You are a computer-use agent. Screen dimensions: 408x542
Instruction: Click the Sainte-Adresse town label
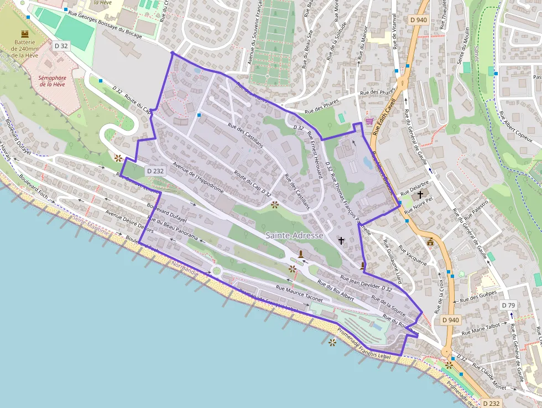click(294, 235)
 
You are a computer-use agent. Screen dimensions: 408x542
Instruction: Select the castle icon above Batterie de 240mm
click(24, 34)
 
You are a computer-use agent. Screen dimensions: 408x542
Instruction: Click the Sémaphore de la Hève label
click(53, 81)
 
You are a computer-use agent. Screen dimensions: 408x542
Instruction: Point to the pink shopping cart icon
click(369, 121)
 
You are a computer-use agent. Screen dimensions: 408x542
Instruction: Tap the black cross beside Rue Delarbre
click(420, 194)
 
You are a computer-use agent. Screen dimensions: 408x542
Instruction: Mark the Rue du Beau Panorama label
click(171, 229)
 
